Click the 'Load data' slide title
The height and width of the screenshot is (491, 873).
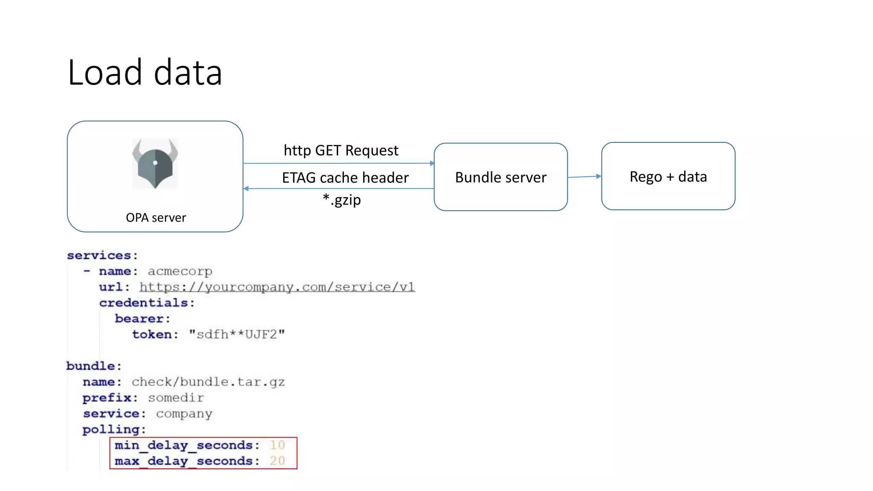coord(145,72)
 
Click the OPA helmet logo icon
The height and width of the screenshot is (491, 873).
coord(155,164)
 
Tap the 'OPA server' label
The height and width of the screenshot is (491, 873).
coord(156,218)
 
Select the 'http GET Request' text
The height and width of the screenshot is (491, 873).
coord(341,150)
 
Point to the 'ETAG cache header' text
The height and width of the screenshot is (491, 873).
coord(345,178)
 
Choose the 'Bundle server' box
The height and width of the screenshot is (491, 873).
coord(500,177)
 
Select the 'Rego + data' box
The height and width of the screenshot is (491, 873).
coord(668,176)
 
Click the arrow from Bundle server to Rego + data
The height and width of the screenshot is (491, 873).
coord(584,176)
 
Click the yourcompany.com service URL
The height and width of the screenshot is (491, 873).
coord(277,287)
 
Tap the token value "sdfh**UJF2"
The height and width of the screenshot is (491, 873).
coord(237,335)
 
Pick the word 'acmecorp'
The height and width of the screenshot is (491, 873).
coord(180,271)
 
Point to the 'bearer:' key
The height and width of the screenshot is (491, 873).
coord(142,319)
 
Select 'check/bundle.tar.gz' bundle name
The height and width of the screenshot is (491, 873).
coord(208,382)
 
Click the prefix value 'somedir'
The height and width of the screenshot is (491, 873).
coord(176,398)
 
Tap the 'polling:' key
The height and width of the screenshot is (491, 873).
coord(114,430)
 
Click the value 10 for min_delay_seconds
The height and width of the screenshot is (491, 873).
coord(277,445)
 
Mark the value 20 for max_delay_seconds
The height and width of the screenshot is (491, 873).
coord(277,461)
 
